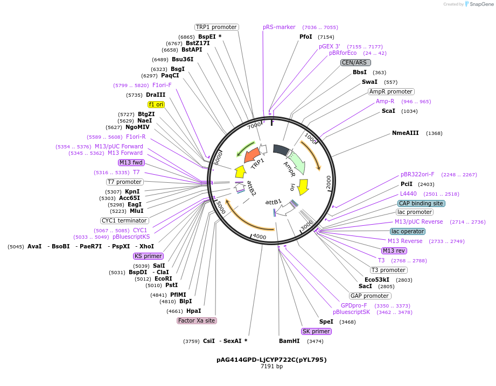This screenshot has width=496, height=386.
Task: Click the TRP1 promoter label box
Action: [216, 27]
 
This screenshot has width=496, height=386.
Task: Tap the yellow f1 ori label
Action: [156, 104]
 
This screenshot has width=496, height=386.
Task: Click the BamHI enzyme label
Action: [289, 341]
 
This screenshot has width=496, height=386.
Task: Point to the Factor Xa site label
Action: [197, 320]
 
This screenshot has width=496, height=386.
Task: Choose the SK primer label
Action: [316, 331]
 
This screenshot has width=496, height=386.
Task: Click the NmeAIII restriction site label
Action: [405, 133]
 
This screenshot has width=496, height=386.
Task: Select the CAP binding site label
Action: [421, 203]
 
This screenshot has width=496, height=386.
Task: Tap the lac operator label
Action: [407, 231]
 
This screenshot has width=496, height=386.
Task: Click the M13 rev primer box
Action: [394, 251]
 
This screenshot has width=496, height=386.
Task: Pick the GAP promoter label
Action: [370, 296]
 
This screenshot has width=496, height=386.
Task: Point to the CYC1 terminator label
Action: [124, 220]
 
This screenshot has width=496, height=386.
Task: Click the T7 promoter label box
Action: [124, 182]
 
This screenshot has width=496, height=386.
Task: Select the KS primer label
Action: [149, 256]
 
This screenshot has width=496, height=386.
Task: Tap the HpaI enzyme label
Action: [193, 311]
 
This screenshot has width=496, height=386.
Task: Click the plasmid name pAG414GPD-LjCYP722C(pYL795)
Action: [268, 360]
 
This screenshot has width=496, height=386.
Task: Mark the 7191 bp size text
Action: [271, 367]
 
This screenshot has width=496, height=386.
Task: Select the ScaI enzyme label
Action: [388, 111]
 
